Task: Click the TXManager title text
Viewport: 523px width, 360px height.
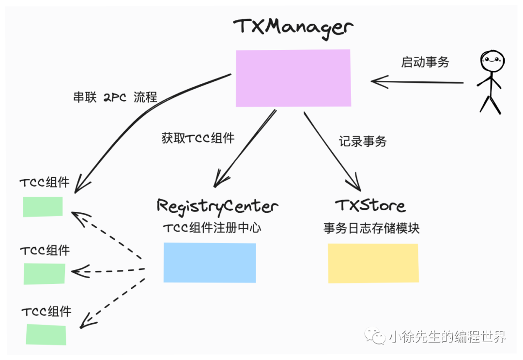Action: pyautogui.click(x=293, y=27)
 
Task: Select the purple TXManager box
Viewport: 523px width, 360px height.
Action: pyautogui.click(x=293, y=78)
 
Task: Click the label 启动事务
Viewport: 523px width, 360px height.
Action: pyautogui.click(x=425, y=62)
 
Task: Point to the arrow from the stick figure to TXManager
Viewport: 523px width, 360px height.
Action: pyautogui.click(x=416, y=82)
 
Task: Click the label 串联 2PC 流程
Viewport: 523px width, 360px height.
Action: pyautogui.click(x=115, y=97)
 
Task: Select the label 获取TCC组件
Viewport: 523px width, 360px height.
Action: pyautogui.click(x=198, y=138)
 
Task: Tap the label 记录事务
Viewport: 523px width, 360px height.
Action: pyautogui.click(x=363, y=141)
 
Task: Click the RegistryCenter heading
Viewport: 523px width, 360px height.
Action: pyautogui.click(x=217, y=206)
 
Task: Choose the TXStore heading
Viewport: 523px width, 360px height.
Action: pyautogui.click(x=370, y=205)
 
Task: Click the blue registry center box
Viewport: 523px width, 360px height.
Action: pyautogui.click(x=210, y=263)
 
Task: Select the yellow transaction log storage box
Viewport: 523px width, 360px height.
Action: pyautogui.click(x=373, y=263)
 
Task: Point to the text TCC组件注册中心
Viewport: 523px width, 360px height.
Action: pyautogui.click(x=212, y=228)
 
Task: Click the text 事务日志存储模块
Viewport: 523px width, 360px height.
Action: pyautogui.click(x=371, y=228)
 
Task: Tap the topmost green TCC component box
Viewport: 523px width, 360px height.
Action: pyautogui.click(x=43, y=206)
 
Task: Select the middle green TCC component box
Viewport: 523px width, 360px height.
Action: pyautogui.click(x=44, y=274)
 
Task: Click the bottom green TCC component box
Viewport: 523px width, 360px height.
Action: pyautogui.click(x=46, y=335)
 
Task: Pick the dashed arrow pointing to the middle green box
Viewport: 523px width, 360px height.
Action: pyautogui.click(x=109, y=270)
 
